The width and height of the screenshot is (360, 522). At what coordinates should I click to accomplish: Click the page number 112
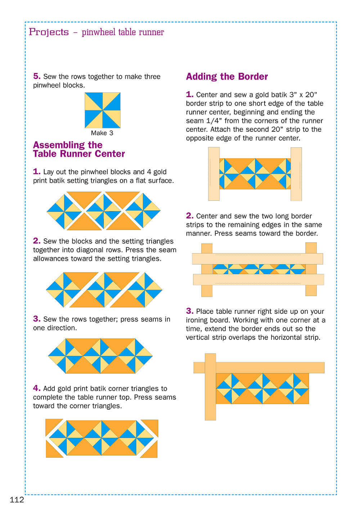17,500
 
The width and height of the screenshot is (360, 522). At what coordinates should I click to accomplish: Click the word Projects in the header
49,32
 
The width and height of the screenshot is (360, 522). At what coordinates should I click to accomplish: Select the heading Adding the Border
227,77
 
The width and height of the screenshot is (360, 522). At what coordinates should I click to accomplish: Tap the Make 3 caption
102,133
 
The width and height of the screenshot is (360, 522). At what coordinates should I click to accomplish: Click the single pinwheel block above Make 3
102,110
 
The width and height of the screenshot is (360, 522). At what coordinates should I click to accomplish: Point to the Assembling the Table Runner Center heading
79,149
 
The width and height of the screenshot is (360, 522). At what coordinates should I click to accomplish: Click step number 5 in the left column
37,76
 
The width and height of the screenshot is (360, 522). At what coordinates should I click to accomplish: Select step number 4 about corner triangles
37,388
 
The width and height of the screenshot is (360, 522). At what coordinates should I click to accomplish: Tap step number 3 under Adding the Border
190,311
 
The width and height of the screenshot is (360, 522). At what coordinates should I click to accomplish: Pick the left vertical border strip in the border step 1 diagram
213,174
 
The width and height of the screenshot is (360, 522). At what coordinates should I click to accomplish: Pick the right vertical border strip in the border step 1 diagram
296,174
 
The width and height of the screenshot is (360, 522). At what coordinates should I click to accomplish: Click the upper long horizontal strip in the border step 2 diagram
257,258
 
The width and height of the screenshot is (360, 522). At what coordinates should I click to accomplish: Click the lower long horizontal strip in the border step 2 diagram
258,279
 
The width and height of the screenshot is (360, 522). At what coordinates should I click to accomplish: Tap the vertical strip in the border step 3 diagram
210,387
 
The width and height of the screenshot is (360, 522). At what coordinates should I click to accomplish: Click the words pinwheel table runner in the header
123,32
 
